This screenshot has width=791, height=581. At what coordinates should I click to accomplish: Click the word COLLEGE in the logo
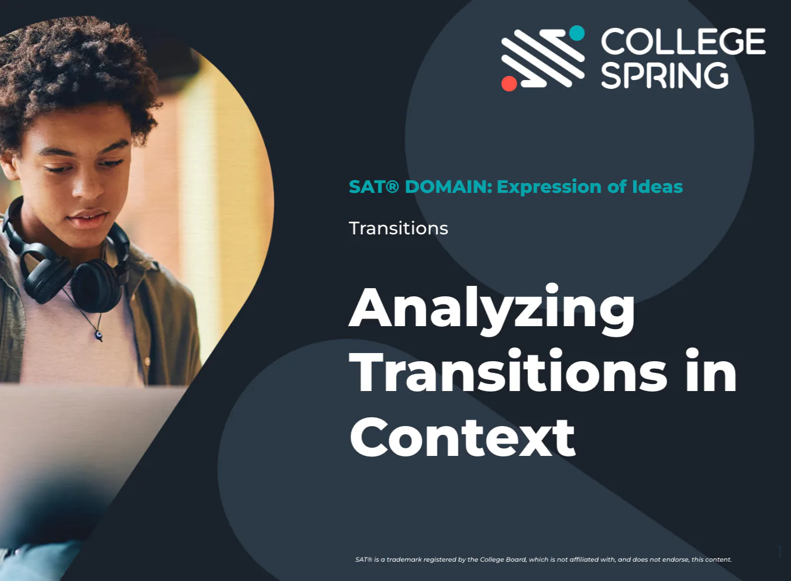click(x=683, y=41)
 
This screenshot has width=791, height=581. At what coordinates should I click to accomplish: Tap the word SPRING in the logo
click(x=665, y=76)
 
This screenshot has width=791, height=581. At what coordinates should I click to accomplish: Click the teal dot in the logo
click(x=576, y=33)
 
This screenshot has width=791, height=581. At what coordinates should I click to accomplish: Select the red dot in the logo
click(x=509, y=84)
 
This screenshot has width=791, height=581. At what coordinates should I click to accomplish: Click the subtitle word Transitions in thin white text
click(x=398, y=228)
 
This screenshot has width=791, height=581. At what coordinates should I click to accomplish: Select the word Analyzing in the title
click(x=492, y=309)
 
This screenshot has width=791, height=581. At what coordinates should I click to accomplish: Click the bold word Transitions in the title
click(x=508, y=373)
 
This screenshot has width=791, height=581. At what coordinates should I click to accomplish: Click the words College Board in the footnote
click(x=503, y=559)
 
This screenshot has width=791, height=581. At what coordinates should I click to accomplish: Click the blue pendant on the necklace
click(x=99, y=335)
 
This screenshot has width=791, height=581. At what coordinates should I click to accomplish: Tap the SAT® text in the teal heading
click(x=373, y=186)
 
